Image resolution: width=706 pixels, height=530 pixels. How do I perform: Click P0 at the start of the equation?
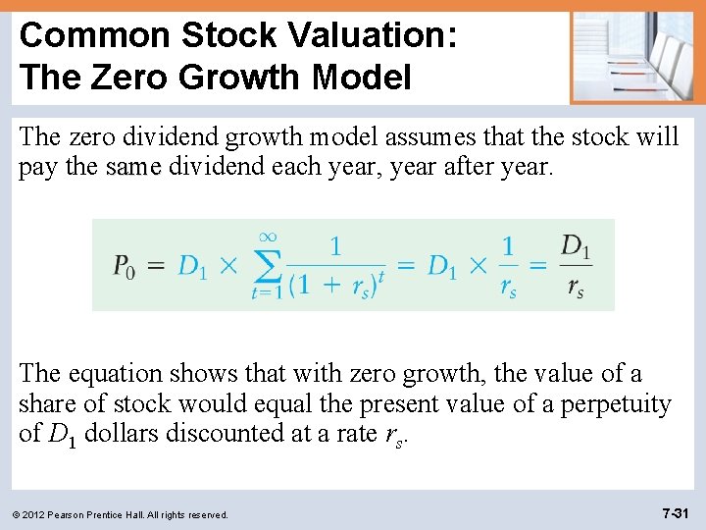click(x=124, y=266)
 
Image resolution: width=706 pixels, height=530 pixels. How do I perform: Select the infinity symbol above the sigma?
click(x=266, y=236)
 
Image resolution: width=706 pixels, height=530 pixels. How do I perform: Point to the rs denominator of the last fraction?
click(x=575, y=290)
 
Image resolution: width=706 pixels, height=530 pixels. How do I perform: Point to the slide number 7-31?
click(x=676, y=512)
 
